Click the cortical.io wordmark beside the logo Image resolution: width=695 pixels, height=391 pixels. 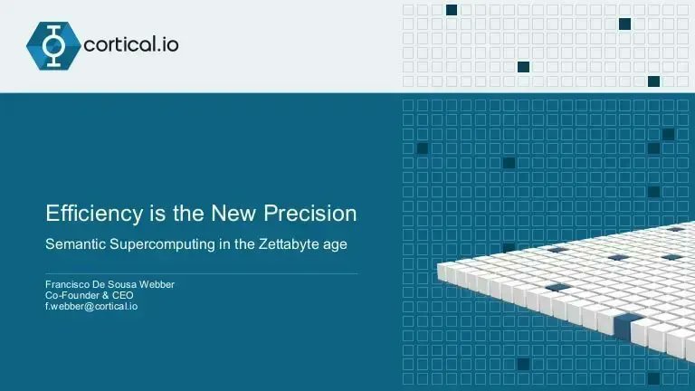point(130,44)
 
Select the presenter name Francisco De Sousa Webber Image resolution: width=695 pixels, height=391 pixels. point(109,285)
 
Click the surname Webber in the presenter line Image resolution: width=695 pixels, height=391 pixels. point(155,285)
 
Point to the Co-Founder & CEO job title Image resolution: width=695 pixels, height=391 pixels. point(89,295)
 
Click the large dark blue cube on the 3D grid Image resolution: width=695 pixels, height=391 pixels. point(628,323)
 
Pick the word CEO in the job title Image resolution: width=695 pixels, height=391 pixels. point(121,295)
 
